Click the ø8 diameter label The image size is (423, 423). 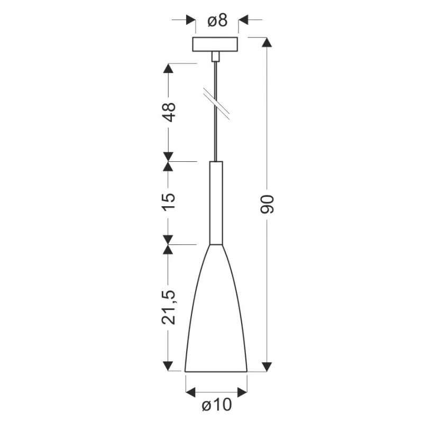217,21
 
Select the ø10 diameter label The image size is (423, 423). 217,404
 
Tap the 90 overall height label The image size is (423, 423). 268,204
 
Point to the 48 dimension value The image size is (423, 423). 169,112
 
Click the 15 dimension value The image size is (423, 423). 169,201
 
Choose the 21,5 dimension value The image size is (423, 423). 169,307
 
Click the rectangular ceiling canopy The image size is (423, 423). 215,44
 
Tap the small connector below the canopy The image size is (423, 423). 215,57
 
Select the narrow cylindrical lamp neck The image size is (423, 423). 216,203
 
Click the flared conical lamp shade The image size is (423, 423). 216,308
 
